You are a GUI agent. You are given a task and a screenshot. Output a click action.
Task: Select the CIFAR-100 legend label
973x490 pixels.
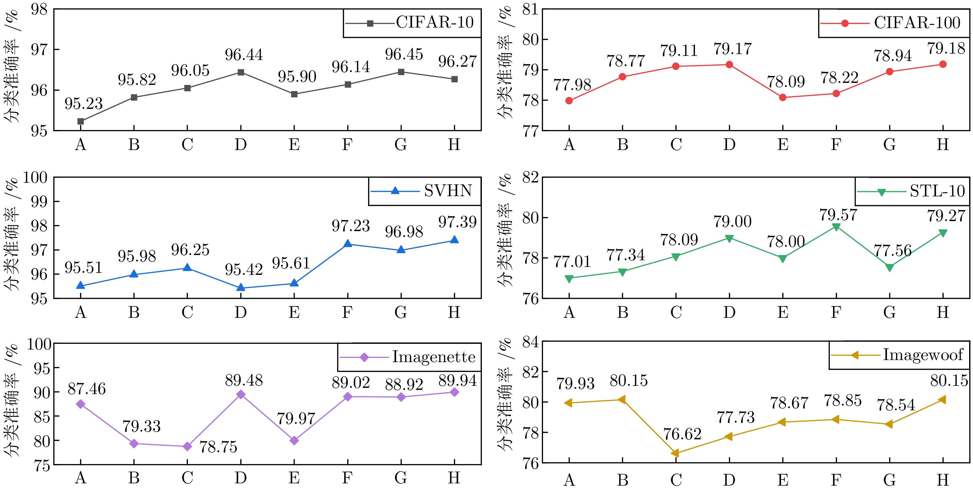coord(917,23)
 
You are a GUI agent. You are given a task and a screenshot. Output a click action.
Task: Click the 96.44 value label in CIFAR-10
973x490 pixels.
coord(244,55)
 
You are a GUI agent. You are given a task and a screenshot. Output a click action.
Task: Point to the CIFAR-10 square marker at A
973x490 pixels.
coord(81,121)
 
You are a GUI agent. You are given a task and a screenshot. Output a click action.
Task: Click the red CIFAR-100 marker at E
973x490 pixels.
coord(783,97)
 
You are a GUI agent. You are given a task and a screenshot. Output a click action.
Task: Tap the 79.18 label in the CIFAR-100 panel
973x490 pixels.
coord(946,49)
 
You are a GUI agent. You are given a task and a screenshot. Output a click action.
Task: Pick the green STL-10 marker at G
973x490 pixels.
coord(890,268)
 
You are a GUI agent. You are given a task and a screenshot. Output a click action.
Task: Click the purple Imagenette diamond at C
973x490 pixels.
coord(187,447)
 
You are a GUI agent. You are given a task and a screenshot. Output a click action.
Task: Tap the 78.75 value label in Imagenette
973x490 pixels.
coord(218,447)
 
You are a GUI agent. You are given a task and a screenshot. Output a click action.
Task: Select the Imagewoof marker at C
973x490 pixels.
coord(675,453)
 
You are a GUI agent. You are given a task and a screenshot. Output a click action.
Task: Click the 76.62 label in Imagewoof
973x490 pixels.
coord(682,434)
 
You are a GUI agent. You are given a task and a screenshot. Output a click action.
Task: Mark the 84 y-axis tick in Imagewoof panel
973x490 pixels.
coord(530,342)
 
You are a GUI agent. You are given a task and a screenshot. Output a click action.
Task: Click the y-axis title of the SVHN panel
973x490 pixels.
coord(12,234)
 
